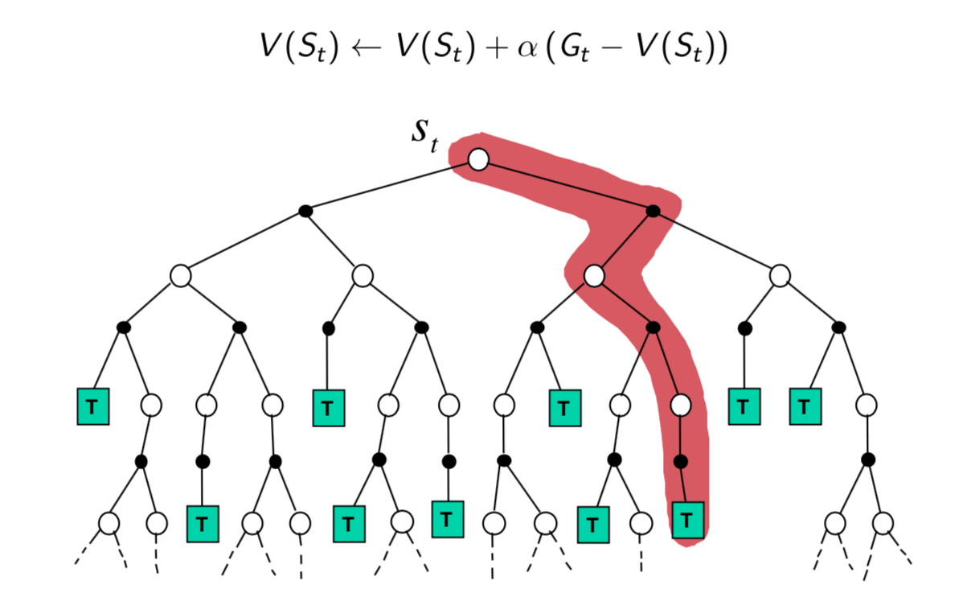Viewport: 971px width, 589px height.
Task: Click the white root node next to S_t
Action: [478, 159]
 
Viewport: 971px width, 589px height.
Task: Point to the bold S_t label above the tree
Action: [424, 136]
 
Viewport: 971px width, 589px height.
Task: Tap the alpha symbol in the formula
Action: [527, 47]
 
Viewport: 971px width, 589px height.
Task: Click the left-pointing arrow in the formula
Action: [367, 47]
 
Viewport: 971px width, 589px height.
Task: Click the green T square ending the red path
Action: [687, 521]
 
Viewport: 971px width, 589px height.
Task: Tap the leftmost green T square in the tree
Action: [92, 406]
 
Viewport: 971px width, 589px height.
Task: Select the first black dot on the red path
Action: [653, 212]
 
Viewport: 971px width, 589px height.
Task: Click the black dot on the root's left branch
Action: [305, 212]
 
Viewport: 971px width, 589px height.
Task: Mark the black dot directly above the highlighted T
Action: [681, 461]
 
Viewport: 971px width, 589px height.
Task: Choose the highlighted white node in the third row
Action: [594, 276]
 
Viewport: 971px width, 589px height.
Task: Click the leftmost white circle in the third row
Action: [180, 276]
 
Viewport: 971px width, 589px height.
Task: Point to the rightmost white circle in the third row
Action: [780, 276]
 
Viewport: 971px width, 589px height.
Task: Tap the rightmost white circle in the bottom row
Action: [883, 523]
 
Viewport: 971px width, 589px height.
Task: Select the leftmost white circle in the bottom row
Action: [109, 523]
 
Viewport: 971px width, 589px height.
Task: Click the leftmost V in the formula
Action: [270, 45]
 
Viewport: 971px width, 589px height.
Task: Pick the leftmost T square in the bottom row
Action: [203, 525]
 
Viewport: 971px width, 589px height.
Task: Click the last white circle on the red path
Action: [681, 405]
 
